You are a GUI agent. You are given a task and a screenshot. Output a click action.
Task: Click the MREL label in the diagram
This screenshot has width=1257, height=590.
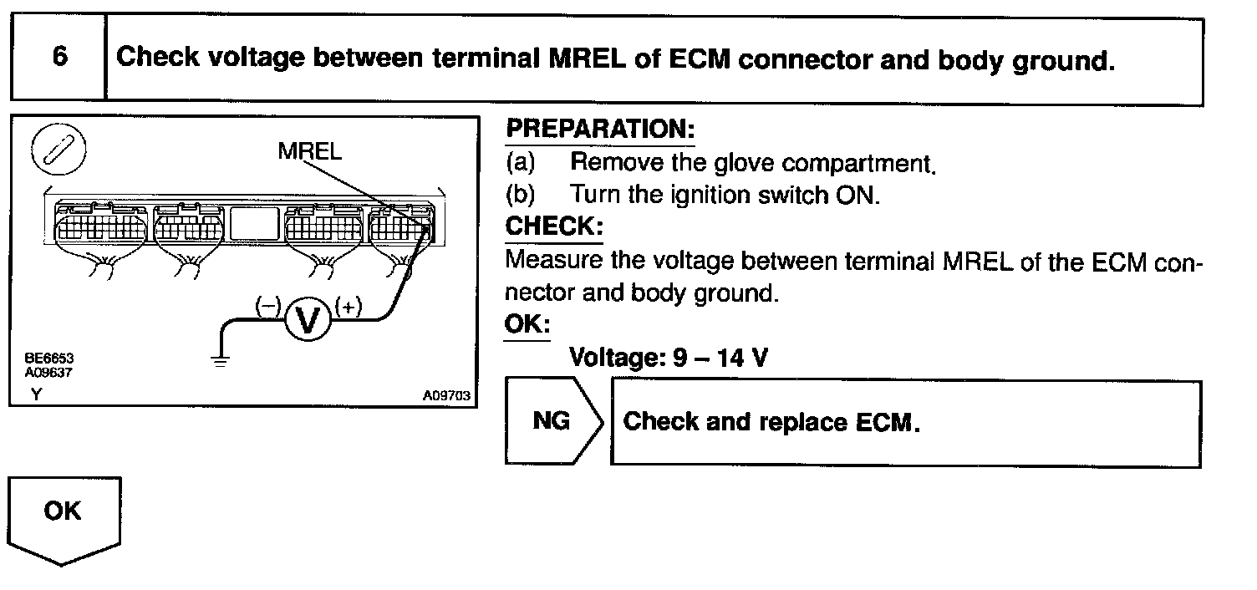click(x=310, y=152)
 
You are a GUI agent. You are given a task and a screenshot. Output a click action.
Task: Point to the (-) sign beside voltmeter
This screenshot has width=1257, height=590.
click(x=267, y=307)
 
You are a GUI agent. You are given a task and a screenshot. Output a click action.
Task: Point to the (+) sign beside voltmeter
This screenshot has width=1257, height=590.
click(x=348, y=307)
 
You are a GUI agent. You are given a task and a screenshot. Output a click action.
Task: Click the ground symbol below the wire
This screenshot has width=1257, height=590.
click(x=220, y=360)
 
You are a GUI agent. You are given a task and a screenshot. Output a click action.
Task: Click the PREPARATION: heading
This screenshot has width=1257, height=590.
click(x=600, y=130)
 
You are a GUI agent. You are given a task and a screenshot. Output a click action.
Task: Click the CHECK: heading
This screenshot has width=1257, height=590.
click(x=553, y=227)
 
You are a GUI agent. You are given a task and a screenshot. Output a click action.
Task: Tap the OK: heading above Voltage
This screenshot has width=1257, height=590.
click(x=527, y=324)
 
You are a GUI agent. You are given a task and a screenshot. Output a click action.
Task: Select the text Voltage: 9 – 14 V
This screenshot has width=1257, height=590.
click(x=667, y=358)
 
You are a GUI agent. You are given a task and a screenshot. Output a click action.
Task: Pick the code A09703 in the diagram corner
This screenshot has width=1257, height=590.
click(x=448, y=396)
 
